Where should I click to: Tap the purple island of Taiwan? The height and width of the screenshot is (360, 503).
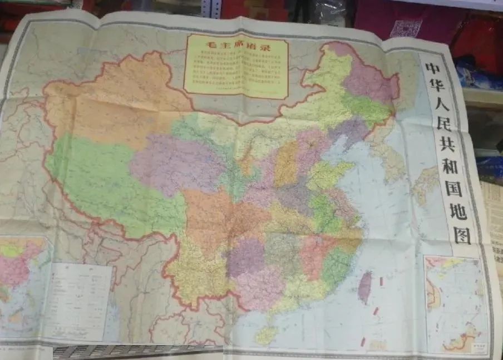pos(365,287)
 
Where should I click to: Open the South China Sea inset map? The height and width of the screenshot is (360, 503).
pos(456,303)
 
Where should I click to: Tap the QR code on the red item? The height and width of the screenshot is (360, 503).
pos(406,28)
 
